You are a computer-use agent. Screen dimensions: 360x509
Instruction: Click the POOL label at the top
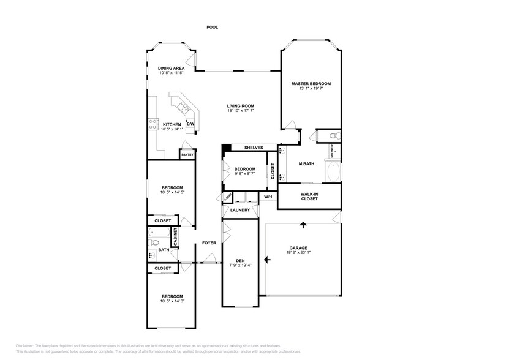click(x=213, y=27)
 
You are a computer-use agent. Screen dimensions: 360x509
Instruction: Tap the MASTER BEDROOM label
click(x=311, y=83)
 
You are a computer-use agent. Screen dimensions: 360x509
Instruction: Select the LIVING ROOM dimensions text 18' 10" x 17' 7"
click(x=241, y=111)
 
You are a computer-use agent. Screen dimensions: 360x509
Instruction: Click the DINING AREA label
click(x=172, y=68)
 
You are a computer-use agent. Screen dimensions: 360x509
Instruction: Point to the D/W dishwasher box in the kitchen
click(x=190, y=124)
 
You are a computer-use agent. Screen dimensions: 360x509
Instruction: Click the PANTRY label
click(x=187, y=154)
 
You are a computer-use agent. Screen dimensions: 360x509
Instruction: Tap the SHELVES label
click(x=254, y=148)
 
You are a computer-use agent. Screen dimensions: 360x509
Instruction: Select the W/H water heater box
click(x=268, y=197)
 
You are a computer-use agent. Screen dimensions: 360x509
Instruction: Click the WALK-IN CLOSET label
click(x=309, y=197)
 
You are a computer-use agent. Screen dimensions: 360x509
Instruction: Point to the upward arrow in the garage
click(x=303, y=225)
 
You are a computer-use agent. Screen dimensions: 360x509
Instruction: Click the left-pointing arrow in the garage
click(x=266, y=259)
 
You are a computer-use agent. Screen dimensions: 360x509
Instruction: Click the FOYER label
click(x=209, y=243)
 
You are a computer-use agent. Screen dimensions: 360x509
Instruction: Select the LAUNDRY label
click(x=240, y=210)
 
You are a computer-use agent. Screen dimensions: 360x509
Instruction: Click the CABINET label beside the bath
click(x=175, y=237)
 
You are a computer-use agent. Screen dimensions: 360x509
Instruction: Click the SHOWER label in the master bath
click(x=333, y=149)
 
